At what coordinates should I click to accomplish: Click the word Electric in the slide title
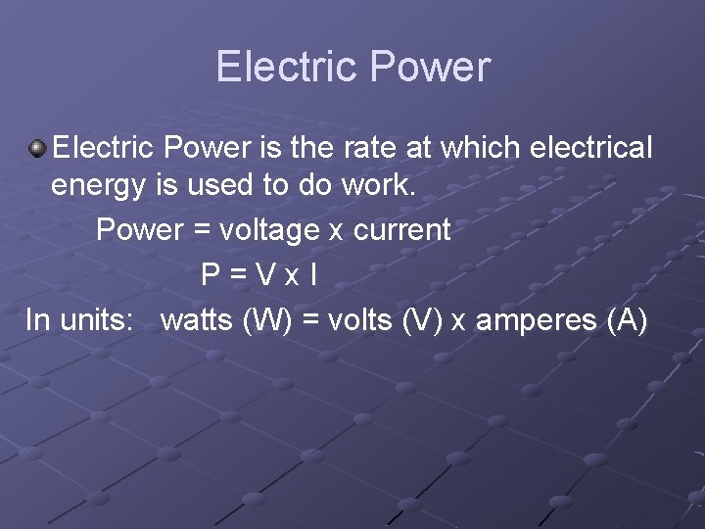click(x=278, y=67)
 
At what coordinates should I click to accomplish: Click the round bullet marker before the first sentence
click(x=37, y=148)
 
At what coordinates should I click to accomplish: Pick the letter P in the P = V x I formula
click(x=210, y=274)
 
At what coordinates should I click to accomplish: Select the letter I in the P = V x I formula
click(x=312, y=274)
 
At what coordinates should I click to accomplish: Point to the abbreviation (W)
click(x=266, y=319)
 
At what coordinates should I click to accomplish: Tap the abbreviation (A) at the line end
click(x=627, y=319)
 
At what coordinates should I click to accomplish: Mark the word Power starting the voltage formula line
click(x=140, y=230)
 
